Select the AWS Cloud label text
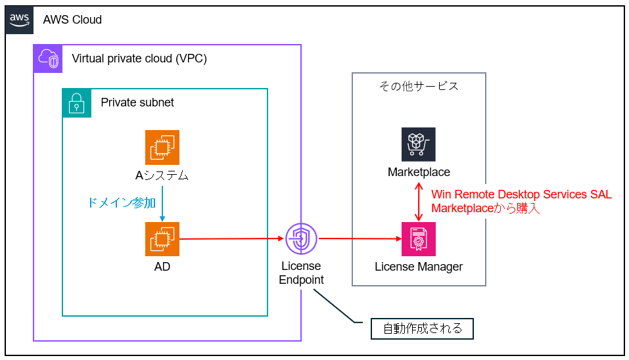pos(72,20)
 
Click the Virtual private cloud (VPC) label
pos(139,58)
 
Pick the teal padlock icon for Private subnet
pos(76,102)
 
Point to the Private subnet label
pos(137,102)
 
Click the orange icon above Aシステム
pos(162,147)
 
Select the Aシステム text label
pos(162,175)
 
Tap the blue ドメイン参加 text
pos(122,202)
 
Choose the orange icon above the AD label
pos(162,239)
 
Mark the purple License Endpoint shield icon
pos(302,239)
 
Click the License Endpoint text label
pos(302,273)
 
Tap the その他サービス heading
pos(419,86)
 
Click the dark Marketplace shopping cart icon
pos(419,145)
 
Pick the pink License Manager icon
pos(419,239)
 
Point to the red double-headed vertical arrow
pos(419,202)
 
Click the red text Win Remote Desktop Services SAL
pos(521,194)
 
